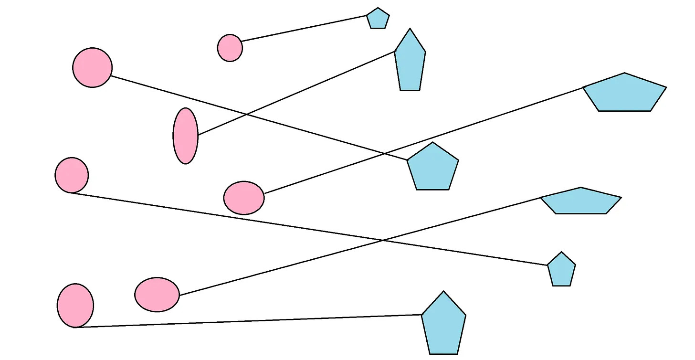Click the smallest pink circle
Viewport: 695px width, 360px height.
coord(230,48)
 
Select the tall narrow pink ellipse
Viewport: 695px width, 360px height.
coord(185,136)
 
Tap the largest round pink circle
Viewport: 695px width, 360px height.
coord(93,67)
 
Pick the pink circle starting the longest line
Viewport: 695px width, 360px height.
coord(72,175)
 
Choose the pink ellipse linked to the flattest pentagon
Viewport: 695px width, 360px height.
coord(157,295)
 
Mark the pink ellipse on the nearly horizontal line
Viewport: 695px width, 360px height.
coord(75,305)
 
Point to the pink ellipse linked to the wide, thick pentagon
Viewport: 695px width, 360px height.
coord(243,197)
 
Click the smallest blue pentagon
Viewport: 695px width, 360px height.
coord(378,19)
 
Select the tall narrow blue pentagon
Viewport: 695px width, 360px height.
coord(410,62)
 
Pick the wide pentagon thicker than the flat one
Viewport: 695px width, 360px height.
coord(624,94)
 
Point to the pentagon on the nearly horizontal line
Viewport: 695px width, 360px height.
coord(443,325)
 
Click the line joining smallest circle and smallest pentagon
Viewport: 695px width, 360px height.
coord(304,28)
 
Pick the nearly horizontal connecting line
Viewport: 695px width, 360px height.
coord(248,321)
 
